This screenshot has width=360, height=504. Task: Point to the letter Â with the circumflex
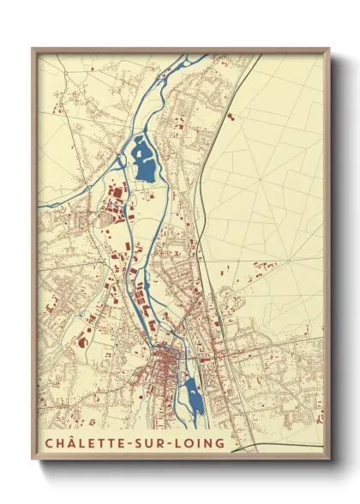tap(67, 442)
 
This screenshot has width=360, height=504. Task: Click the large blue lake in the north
tap(144, 161)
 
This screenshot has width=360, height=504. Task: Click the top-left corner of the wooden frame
tap(33, 48)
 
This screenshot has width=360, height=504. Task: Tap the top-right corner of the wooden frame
tap(329, 48)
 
